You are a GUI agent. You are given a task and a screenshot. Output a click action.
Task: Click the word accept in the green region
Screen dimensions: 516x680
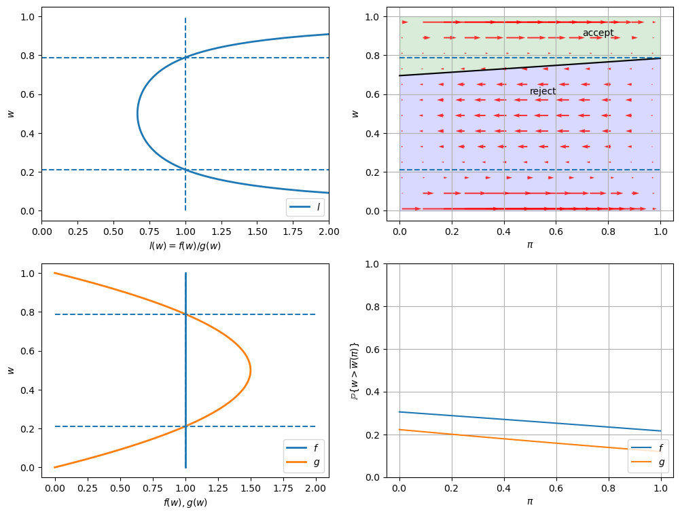coord(598,33)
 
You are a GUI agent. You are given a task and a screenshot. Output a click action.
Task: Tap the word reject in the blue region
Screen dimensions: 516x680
coord(543,91)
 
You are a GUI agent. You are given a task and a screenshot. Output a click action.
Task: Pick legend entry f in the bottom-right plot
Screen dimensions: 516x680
coord(661,448)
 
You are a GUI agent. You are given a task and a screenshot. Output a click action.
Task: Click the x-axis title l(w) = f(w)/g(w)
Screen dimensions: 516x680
coord(185,246)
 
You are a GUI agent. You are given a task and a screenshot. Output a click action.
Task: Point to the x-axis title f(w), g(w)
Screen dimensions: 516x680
coord(185,502)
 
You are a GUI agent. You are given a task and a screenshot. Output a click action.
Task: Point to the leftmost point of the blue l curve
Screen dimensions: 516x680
coord(138,113)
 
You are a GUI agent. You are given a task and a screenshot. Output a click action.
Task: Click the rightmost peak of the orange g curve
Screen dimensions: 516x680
coord(251,370)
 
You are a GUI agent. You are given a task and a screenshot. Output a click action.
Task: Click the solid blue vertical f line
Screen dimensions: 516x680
coord(185,339)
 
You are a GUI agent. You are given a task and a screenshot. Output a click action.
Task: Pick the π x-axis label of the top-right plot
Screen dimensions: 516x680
coord(530,245)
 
